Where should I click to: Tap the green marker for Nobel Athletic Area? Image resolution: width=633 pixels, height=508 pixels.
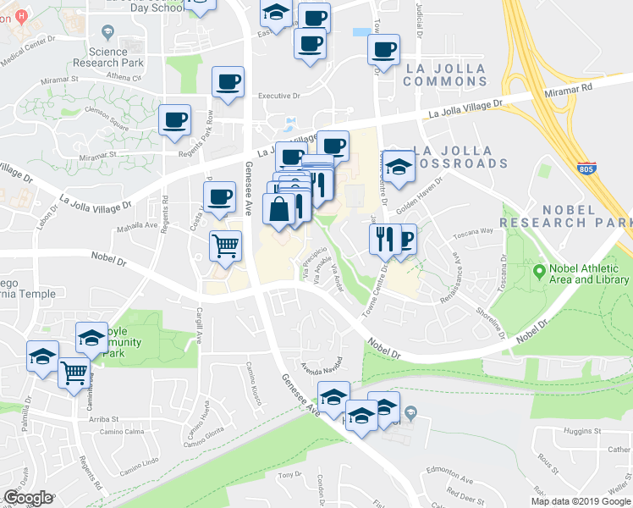(539, 273)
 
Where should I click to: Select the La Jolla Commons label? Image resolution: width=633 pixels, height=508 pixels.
(445, 75)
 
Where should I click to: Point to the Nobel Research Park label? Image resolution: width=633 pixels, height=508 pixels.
(566, 216)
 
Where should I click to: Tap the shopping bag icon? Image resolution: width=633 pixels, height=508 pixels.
(278, 208)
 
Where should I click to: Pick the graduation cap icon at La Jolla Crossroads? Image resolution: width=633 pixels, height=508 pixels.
(399, 165)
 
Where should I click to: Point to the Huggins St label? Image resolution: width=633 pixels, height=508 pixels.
(582, 430)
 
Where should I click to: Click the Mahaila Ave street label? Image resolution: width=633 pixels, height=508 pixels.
(139, 225)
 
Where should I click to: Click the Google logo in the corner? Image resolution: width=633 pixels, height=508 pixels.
(28, 498)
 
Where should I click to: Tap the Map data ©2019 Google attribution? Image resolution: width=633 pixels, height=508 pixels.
(581, 501)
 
